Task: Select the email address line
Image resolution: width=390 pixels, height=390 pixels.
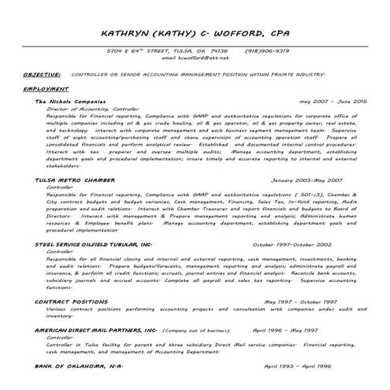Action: point(195,58)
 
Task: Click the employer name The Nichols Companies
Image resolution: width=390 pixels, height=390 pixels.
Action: point(70,102)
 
